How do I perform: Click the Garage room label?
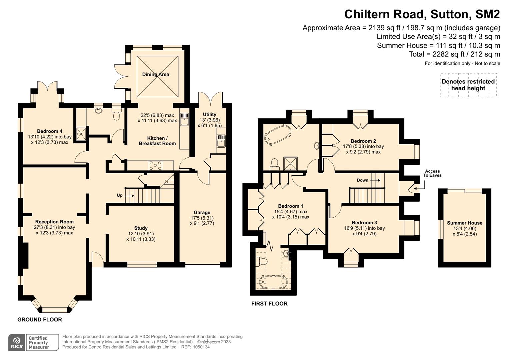pyautogui.click(x=202, y=213)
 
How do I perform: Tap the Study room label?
pyautogui.click(x=141, y=228)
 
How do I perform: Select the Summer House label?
pyautogui.click(x=465, y=223)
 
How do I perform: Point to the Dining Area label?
pyautogui.click(x=156, y=74)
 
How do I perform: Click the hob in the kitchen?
pyautogui.click(x=155, y=165)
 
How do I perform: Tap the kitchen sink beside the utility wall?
pyautogui.click(x=185, y=119)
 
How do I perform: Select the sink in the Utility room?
pyautogui.click(x=221, y=141)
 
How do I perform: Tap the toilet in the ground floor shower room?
pyautogui.click(x=117, y=114)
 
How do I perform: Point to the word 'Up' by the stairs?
pyautogui.click(x=120, y=195)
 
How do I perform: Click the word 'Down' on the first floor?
pyautogui.click(x=362, y=180)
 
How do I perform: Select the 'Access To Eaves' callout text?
pyautogui.click(x=432, y=173)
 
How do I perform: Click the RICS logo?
pyautogui.click(x=17, y=343)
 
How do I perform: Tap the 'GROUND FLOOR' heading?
pyautogui.click(x=40, y=320)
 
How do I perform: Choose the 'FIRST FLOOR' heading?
pyautogui.click(x=269, y=304)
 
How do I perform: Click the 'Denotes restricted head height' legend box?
pyautogui.click(x=468, y=85)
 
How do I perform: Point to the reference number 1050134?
pyautogui.click(x=201, y=347)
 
